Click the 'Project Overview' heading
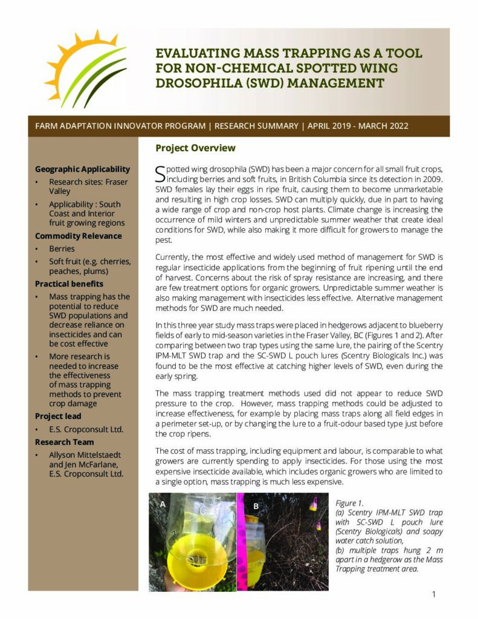(195, 148)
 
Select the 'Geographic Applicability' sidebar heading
(82, 169)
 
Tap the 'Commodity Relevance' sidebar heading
(79, 236)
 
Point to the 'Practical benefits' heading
(69, 284)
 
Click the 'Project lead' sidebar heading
(58, 416)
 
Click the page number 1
(433, 594)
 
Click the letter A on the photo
(163, 504)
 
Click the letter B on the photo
(256, 506)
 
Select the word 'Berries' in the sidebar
(62, 248)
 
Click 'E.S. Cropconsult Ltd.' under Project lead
(86, 429)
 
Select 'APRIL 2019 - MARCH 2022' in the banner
(358, 126)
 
